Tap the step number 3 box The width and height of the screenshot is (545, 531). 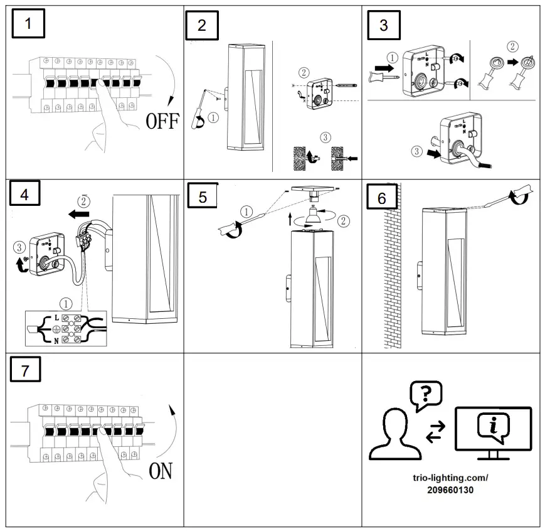384,26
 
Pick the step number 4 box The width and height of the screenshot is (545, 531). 24,195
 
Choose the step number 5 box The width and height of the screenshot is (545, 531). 202,196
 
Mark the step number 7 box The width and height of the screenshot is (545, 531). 25,370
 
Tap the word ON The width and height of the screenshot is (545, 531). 161,471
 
